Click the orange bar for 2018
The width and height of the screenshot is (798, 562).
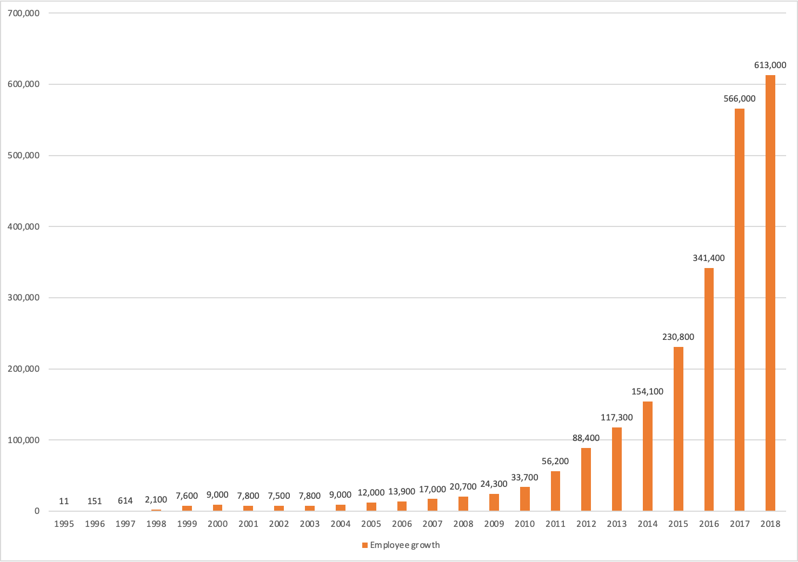[770, 293]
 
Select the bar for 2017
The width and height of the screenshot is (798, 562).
[740, 310]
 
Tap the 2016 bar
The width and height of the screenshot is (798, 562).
[709, 389]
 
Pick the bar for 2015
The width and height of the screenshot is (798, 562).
[679, 429]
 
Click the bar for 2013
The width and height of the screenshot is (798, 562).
[617, 469]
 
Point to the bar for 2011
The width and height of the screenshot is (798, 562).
[555, 491]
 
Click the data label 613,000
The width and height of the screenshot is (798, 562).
[770, 65]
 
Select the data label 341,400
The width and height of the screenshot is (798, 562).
[709, 258]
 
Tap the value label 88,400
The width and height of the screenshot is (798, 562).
[586, 438]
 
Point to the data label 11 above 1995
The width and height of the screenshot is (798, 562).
[64, 501]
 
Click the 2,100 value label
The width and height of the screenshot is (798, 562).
[156, 500]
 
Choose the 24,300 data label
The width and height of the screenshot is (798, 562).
[494, 484]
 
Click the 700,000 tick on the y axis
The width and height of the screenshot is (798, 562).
[23, 13]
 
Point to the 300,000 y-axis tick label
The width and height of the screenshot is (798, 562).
[23, 297]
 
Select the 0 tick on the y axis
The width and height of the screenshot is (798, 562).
[37, 511]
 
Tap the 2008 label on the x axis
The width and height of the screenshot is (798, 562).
[463, 524]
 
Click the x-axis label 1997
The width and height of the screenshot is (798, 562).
[125, 524]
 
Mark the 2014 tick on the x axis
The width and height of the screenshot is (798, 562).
[647, 524]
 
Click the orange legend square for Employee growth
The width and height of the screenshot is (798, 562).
[365, 545]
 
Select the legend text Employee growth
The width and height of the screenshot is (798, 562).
[405, 545]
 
